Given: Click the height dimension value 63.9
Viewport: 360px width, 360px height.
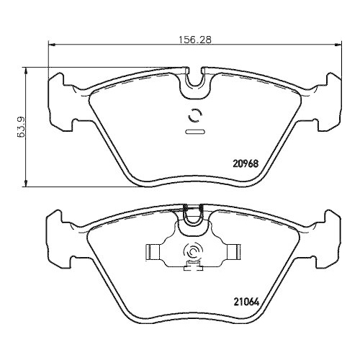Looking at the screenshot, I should click(22, 127).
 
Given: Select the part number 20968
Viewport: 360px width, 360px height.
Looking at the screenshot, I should click(245, 163).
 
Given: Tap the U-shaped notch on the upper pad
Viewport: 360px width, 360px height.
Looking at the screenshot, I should click(194, 83).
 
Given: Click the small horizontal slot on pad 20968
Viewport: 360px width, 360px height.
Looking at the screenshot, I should click(194, 132).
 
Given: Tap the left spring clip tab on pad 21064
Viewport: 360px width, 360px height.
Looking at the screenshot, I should click(152, 251).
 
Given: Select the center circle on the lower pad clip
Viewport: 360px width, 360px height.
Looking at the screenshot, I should click(194, 251).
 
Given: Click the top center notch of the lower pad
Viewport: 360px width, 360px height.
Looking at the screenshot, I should click(194, 215).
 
